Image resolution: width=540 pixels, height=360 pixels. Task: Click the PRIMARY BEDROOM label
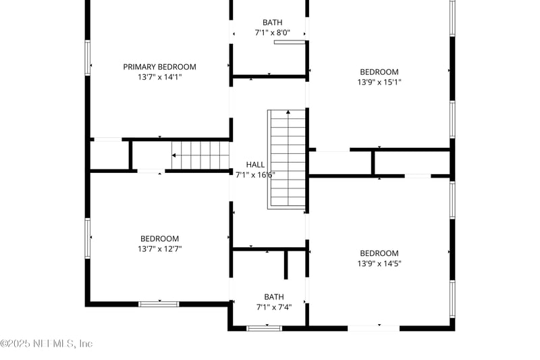159,67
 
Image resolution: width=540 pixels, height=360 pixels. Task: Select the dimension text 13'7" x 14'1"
159,77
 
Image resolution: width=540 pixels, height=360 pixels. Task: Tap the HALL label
255,164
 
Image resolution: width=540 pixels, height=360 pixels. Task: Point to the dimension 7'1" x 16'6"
255,174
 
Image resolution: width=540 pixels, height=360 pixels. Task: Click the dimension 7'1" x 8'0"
273,32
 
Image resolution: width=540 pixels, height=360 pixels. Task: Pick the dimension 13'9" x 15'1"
379,82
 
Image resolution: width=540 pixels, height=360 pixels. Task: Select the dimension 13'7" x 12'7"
159,249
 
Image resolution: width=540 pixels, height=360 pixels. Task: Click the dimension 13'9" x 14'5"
379,263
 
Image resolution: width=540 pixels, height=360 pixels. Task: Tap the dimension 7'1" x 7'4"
273,307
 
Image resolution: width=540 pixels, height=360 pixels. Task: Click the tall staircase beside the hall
288,159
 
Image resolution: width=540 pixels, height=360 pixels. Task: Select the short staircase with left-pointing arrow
200,155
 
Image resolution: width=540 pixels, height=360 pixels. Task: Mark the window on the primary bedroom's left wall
88,57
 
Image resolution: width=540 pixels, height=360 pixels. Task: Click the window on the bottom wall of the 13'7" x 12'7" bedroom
159,304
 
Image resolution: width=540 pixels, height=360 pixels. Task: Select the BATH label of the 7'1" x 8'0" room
273,22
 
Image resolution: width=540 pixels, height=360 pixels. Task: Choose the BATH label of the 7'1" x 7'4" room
273,297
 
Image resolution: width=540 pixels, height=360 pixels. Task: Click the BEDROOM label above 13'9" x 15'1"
379,72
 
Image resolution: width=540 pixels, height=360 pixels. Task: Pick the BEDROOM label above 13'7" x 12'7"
159,238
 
